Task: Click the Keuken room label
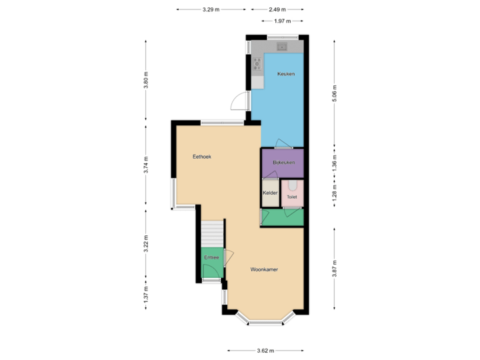(287, 74)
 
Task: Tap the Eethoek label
(202, 157)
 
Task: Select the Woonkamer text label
(264, 270)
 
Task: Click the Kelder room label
(269, 193)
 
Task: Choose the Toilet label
(292, 197)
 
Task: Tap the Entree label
(211, 257)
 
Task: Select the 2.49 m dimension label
(277, 9)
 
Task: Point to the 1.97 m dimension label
(283, 21)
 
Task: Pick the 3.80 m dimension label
(145, 79)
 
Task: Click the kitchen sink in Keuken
(282, 47)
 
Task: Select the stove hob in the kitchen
(257, 64)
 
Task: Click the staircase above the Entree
(212, 233)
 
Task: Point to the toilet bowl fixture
(293, 186)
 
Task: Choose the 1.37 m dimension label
(145, 293)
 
